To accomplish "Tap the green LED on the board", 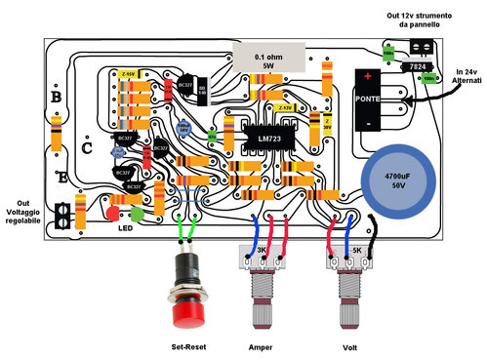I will (x=137, y=212).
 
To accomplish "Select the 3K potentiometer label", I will (x=262, y=251).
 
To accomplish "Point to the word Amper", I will (x=261, y=346).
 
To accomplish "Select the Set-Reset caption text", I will (x=188, y=346).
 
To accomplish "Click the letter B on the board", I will (x=56, y=99).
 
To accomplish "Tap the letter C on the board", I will (x=88, y=148).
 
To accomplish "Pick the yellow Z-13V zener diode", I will (x=284, y=107).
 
